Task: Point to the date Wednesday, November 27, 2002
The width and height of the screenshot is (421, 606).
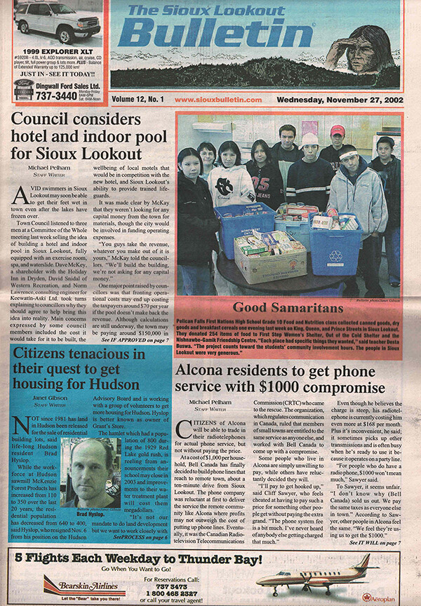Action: [339, 100]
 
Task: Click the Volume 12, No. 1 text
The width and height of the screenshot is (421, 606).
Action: [138, 100]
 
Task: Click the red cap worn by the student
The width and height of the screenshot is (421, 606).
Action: [338, 130]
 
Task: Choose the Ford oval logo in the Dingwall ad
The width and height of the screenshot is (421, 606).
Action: [24, 84]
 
